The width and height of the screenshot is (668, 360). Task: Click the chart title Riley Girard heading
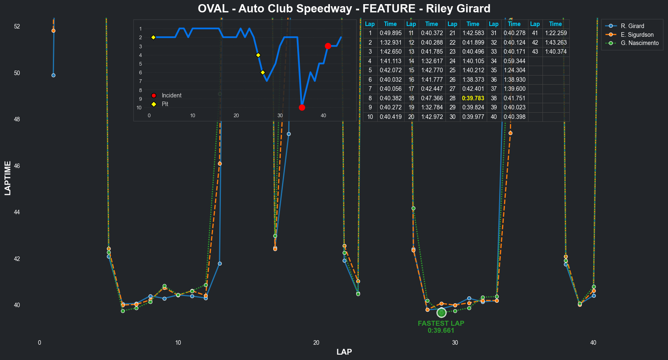pyautogui.click(x=344, y=9)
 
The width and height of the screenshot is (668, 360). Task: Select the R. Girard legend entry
pyautogui.click(x=632, y=26)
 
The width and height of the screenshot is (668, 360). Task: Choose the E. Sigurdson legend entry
pyautogui.click(x=637, y=35)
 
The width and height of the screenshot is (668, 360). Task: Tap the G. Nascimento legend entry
pyautogui.click(x=640, y=43)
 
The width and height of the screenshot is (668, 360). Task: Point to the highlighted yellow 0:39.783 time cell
pyautogui.click(x=473, y=98)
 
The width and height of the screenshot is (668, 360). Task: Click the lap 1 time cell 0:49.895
pyautogui.click(x=390, y=33)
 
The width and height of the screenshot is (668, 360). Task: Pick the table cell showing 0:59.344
pyautogui.click(x=514, y=61)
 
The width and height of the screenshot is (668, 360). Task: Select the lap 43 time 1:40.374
pyautogui.click(x=555, y=52)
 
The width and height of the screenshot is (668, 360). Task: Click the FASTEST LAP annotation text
pyautogui.click(x=441, y=324)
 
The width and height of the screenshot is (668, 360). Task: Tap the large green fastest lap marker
pyautogui.click(x=441, y=313)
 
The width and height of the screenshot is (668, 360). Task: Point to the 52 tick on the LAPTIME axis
pyautogui.click(x=17, y=26)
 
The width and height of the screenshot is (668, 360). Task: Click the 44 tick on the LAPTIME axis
pyautogui.click(x=17, y=212)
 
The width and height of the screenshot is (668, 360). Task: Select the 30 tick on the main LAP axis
pyautogui.click(x=455, y=343)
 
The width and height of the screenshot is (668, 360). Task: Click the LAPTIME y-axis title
pyautogui.click(x=8, y=178)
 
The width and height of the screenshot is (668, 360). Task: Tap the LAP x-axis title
pyautogui.click(x=344, y=352)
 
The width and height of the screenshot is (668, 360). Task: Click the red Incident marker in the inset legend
pyautogui.click(x=154, y=95)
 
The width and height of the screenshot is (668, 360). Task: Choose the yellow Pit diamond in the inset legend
pyautogui.click(x=154, y=104)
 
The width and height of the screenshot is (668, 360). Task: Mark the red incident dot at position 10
pyautogui.click(x=302, y=108)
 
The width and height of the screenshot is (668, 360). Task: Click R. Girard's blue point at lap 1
pyautogui.click(x=53, y=75)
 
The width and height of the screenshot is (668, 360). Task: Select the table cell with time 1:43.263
pyautogui.click(x=555, y=43)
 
